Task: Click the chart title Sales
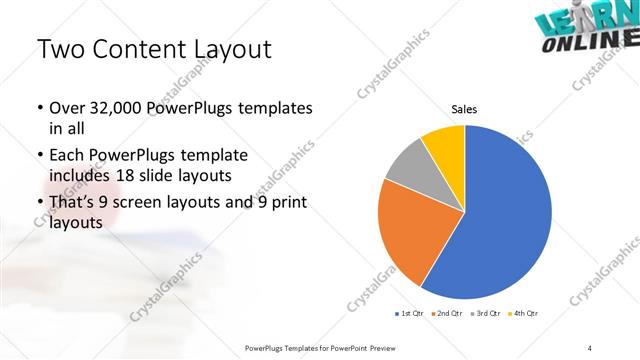[x=465, y=109]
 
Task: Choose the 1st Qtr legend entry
[x=408, y=314]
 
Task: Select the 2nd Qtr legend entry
[x=447, y=314]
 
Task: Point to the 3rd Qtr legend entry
[x=486, y=314]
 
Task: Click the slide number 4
[x=590, y=347]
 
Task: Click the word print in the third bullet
[x=285, y=204]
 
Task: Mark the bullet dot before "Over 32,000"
[x=39, y=108]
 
